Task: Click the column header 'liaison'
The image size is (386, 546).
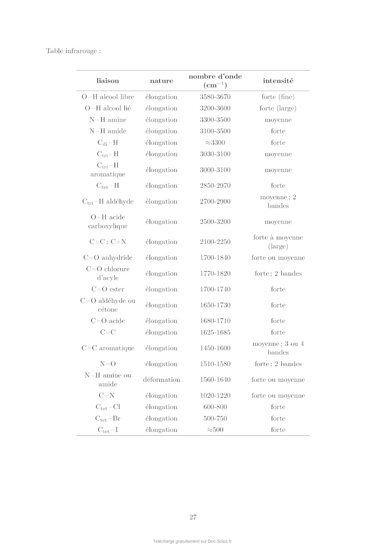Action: [x=108, y=81]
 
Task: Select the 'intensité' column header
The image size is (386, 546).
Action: [x=278, y=81]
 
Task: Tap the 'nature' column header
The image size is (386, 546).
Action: [x=161, y=81]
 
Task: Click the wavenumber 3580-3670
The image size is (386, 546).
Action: [x=215, y=97]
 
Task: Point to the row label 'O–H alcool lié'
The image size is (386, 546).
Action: [x=108, y=108]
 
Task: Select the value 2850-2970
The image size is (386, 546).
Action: [x=215, y=186]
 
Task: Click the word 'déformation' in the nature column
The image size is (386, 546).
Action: [x=161, y=380]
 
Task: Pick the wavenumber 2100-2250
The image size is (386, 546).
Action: [x=215, y=242]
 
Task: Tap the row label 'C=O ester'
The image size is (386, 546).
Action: [x=108, y=289]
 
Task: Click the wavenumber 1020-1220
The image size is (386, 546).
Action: [x=215, y=396]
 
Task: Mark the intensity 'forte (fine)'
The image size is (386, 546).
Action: [x=278, y=97]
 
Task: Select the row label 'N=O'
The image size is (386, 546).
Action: [x=108, y=364]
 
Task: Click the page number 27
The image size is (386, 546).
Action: [x=193, y=517]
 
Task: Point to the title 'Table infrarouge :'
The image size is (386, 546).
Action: [x=74, y=51]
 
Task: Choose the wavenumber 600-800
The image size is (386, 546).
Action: [x=215, y=407]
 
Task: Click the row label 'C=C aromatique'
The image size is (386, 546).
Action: [x=108, y=348]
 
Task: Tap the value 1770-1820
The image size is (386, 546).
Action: [x=215, y=274]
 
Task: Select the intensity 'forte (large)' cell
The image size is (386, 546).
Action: [x=278, y=108]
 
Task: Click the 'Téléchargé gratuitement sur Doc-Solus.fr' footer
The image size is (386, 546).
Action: [x=193, y=541]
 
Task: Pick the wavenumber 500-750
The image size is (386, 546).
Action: [x=215, y=418]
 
